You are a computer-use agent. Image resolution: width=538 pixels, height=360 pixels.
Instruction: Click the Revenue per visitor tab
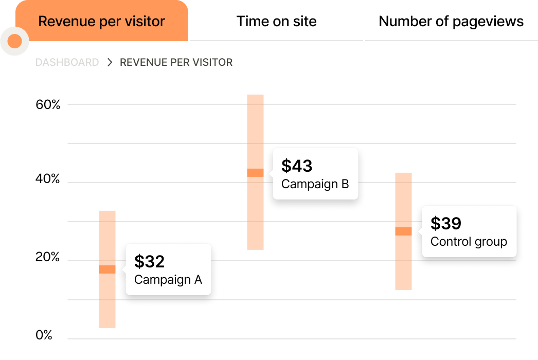pos(101,22)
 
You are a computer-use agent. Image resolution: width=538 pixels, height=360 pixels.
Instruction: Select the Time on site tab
pos(276,22)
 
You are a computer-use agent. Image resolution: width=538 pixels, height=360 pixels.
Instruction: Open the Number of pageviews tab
pos(451,22)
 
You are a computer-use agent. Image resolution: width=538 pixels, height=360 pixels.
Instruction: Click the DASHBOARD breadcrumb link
pos(67,62)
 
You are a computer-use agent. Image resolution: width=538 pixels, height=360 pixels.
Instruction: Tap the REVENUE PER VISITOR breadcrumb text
pos(176,62)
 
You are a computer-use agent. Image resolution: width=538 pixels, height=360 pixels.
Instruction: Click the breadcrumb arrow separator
pos(110,62)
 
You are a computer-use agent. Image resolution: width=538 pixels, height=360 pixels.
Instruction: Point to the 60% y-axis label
pos(48,105)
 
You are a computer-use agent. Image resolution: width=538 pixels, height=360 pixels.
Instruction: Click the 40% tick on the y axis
pos(48,179)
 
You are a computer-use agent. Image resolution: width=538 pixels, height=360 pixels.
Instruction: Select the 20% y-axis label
pos(48,258)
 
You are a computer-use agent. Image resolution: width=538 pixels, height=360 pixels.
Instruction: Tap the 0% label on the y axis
pos(44,335)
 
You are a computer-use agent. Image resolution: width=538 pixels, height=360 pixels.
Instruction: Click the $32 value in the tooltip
pos(149,261)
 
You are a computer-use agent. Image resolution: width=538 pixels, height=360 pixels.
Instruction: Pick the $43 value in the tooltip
pos(297,166)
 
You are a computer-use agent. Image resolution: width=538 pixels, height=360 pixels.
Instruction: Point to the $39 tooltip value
pos(446,223)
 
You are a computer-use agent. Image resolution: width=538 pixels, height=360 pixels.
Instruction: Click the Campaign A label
pos(168,280)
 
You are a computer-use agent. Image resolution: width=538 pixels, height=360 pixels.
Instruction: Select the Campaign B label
pos(315,184)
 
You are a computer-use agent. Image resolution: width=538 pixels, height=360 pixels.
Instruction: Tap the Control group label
pos(469,241)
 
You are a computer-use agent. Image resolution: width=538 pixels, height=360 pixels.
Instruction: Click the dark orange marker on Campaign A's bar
pos(107,269)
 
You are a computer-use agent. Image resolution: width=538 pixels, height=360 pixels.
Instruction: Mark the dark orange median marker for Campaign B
pos(255,173)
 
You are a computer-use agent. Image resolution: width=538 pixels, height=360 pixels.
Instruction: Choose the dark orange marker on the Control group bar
pos(403,231)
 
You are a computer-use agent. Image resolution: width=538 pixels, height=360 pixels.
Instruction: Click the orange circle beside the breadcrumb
pos(14,41)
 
